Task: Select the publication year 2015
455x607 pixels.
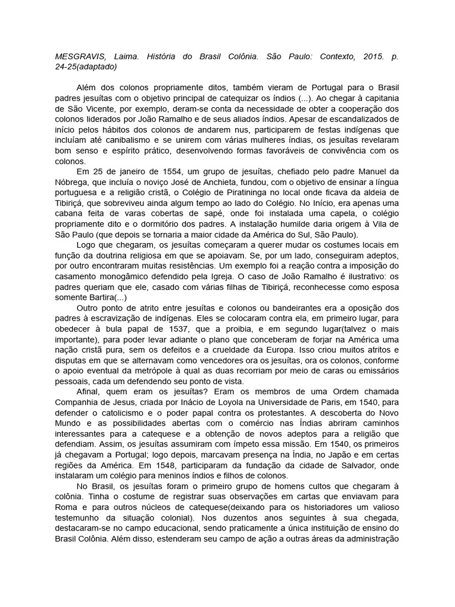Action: (x=367, y=58)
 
